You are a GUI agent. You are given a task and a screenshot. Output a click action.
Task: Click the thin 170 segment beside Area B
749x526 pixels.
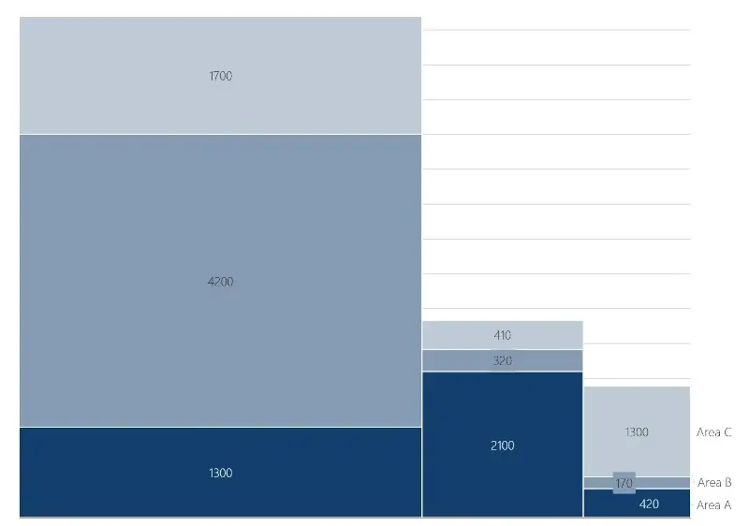click(x=665, y=483)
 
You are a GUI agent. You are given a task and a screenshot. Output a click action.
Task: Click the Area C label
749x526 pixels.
click(x=713, y=432)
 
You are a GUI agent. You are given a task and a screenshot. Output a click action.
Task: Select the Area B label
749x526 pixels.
click(x=714, y=483)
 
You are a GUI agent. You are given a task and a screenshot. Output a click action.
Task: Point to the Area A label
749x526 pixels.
click(x=713, y=505)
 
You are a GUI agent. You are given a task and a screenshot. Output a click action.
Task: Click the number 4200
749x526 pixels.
click(x=221, y=282)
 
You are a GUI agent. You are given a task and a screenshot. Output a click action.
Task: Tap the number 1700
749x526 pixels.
click(x=221, y=76)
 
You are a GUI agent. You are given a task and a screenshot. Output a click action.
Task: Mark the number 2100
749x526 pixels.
click(x=503, y=446)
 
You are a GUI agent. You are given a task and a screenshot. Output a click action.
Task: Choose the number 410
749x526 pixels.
click(x=503, y=335)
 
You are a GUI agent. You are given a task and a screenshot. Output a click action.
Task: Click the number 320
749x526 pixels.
click(x=503, y=360)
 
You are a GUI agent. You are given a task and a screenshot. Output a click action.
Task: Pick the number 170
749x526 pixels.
click(x=624, y=483)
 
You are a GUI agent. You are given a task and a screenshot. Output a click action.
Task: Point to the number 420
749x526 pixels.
click(x=649, y=504)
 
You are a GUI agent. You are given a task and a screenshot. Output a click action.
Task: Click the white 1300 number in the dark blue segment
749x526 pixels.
click(x=221, y=473)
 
